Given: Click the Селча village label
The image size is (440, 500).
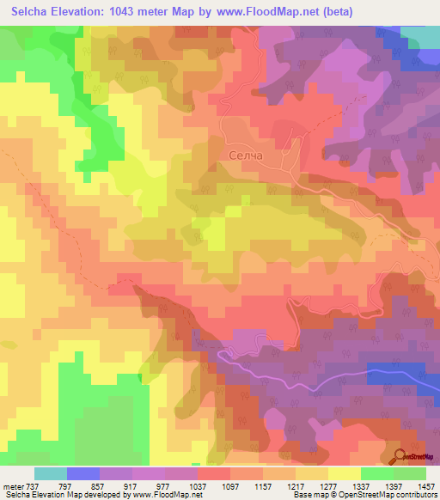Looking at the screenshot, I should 246,155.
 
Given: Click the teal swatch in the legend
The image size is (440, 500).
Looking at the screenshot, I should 50,473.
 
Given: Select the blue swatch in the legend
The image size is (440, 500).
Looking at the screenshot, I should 82,473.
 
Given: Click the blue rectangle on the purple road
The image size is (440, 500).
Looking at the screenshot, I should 396,373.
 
